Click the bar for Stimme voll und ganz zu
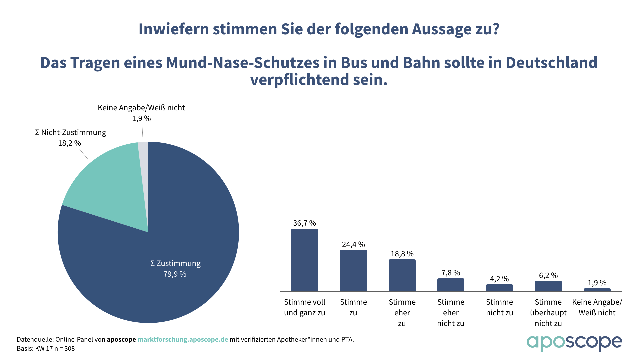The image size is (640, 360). (304, 260)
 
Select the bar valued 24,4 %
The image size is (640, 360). (353, 270)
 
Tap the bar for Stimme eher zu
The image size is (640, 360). (402, 275)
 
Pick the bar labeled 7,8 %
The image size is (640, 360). (451, 285)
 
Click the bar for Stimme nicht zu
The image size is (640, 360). (499, 288)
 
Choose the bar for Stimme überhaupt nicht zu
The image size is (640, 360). (548, 286)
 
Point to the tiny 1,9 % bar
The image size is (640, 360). (597, 290)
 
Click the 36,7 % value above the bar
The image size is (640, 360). (304, 223)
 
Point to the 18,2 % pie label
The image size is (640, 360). (69, 143)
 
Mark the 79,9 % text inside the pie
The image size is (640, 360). (175, 274)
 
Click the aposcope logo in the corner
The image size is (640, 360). (574, 343)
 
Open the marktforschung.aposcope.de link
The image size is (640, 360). (183, 339)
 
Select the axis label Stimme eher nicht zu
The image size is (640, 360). (451, 313)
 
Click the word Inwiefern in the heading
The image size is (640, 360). (174, 29)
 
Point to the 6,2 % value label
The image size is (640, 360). (548, 275)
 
